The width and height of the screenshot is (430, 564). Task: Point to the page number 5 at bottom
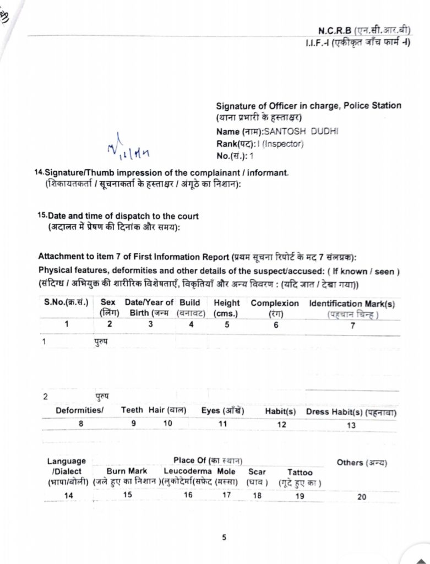pos(224,538)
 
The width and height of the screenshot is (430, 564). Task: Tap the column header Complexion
pos(275,303)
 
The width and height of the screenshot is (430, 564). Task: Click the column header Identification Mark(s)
pos(352,303)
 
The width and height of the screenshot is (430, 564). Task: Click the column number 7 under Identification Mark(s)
pos(353,325)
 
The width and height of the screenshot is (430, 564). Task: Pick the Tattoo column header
pos(300,472)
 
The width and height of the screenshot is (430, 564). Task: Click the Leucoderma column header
pos(188,471)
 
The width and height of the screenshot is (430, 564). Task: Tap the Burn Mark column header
pos(127,471)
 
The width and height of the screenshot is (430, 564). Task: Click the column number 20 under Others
pos(361,497)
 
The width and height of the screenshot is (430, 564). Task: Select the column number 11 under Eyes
pos(222,424)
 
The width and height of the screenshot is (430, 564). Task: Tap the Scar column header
pos(257,472)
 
